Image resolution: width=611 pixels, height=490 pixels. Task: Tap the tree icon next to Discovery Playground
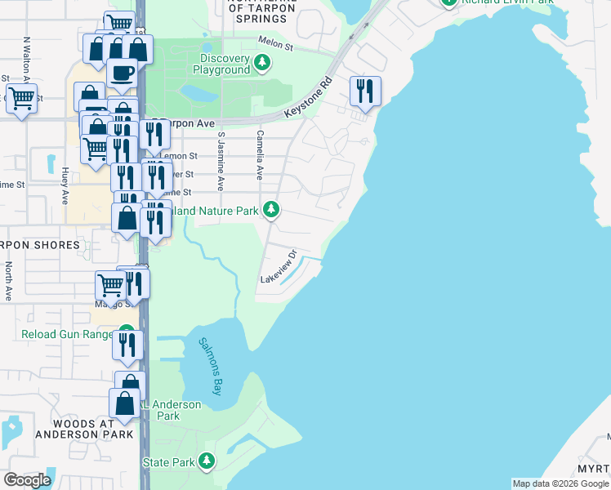point(261,62)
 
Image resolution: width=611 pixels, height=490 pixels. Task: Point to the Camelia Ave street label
point(261,155)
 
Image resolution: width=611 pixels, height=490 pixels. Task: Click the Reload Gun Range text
point(68,335)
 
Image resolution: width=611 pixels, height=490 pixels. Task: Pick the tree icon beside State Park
point(207,461)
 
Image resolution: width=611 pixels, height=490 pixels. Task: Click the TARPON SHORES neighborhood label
point(41,245)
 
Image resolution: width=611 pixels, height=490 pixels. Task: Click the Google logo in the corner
point(27,479)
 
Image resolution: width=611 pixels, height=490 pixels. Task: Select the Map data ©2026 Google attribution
point(560,483)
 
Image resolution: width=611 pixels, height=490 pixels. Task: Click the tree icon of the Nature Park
point(271,211)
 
